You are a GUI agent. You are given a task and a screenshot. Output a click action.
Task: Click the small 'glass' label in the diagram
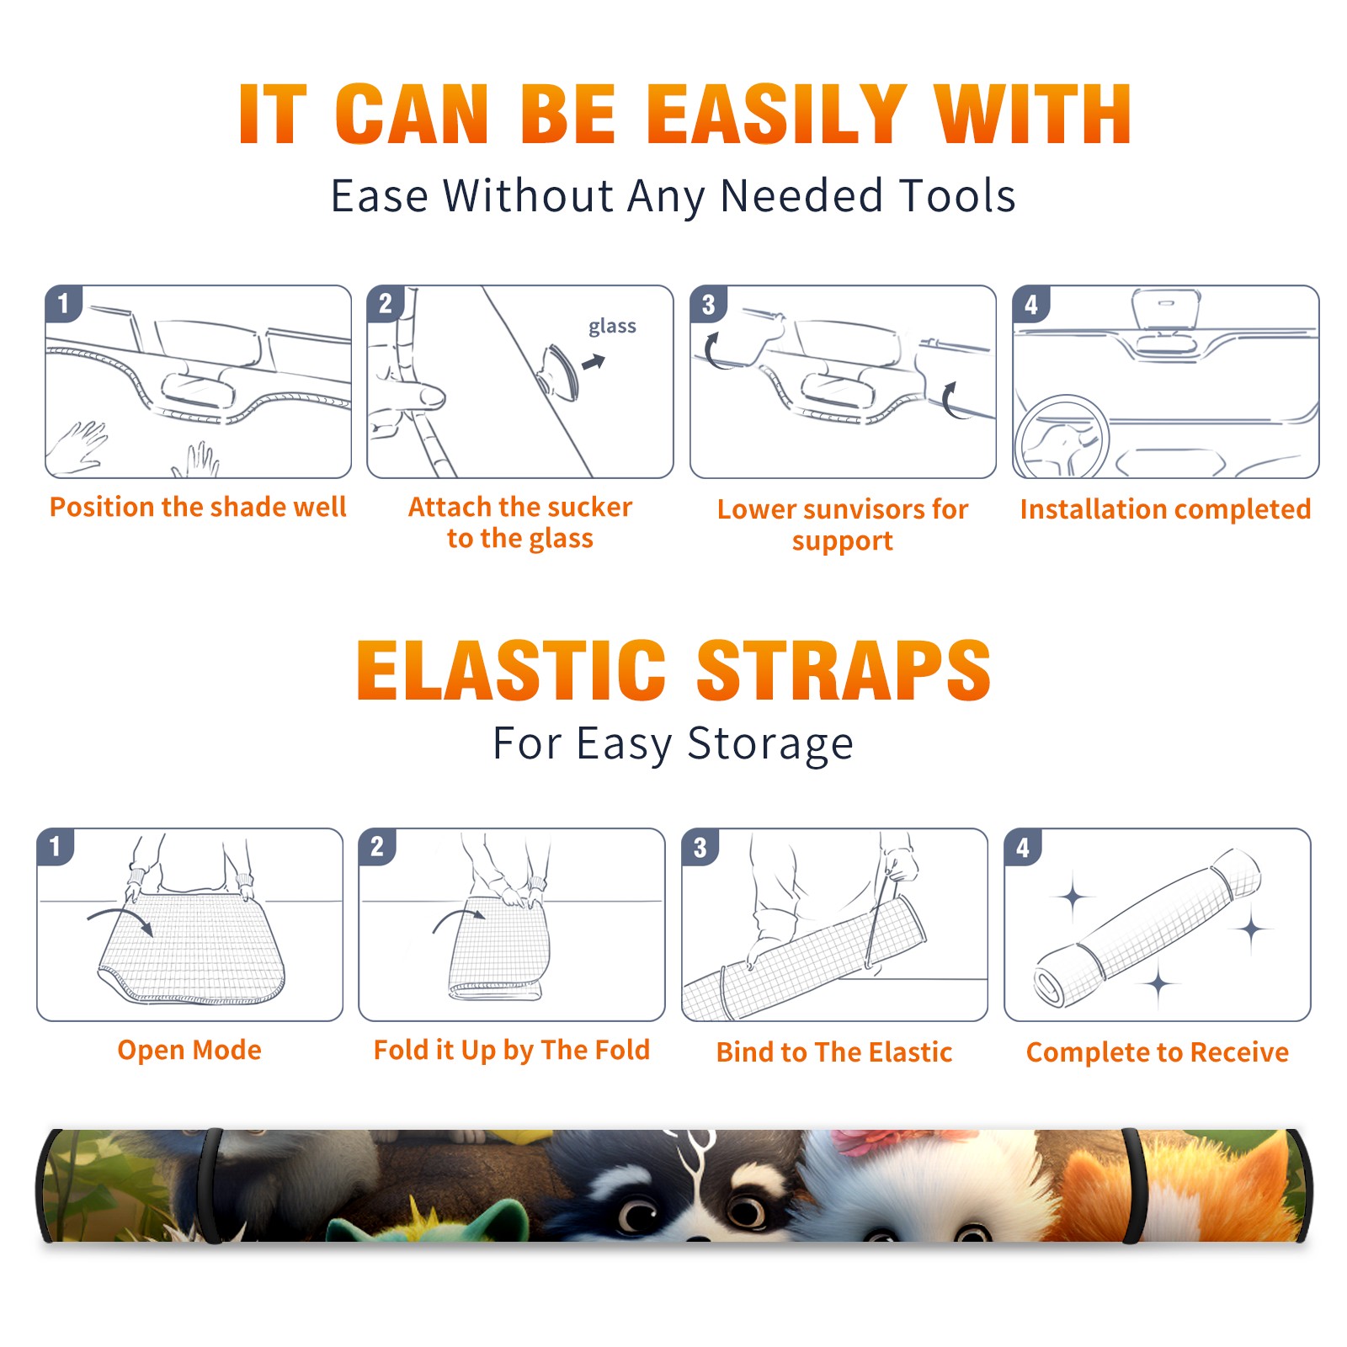point(612,327)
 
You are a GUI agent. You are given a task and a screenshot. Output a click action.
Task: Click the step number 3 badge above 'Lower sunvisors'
point(708,304)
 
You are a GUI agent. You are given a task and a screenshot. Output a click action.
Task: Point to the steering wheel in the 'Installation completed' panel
point(1062,437)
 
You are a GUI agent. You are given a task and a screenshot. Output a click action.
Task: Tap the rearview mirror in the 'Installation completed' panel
point(1166,309)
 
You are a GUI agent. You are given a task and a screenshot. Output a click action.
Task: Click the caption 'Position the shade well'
point(198,507)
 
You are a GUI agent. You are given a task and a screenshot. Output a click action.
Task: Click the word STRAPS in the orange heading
point(844,670)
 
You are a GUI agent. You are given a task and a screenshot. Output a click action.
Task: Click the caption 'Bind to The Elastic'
point(834,1052)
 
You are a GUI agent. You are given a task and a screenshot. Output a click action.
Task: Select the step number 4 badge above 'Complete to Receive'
point(1023,847)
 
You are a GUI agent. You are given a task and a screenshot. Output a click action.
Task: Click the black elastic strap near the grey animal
point(210,1186)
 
